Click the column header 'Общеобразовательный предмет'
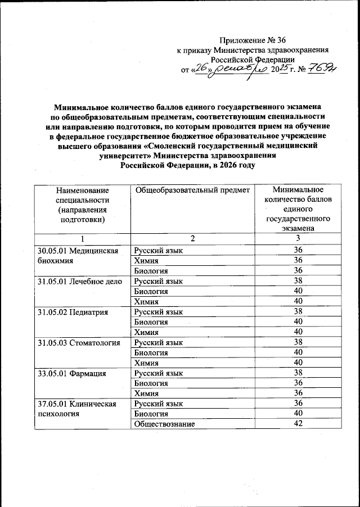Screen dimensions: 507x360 (192, 191)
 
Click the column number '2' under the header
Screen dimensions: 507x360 (192, 239)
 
